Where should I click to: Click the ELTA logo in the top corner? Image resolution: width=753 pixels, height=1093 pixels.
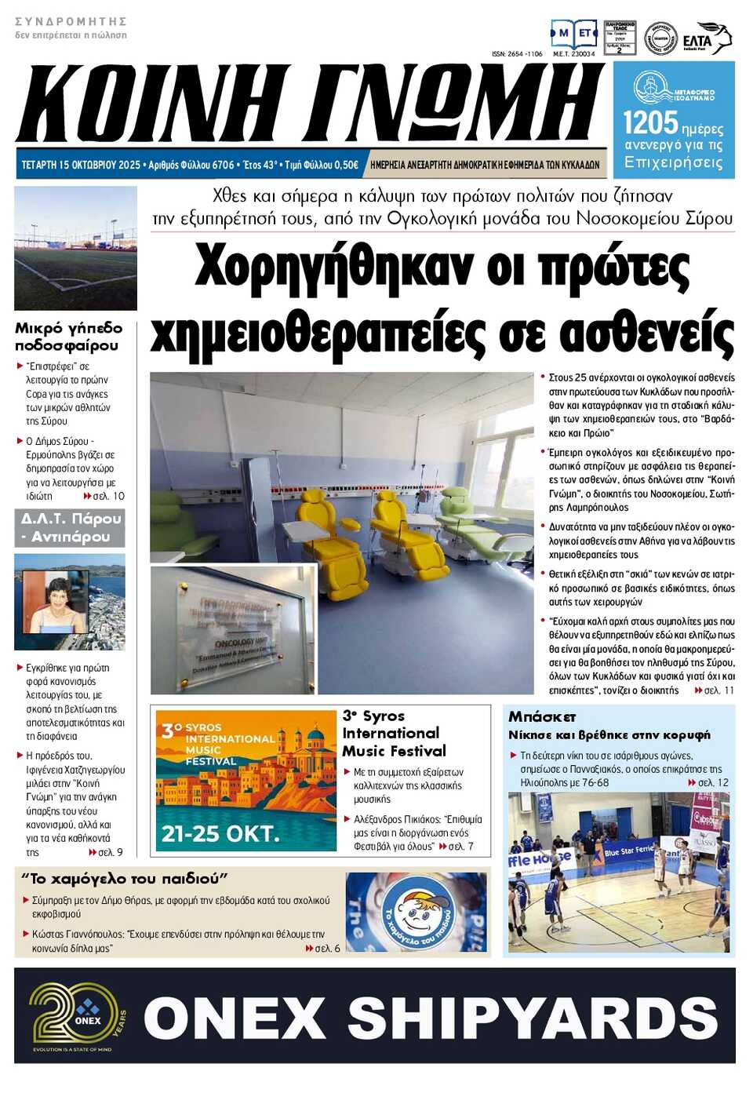[x=705, y=38]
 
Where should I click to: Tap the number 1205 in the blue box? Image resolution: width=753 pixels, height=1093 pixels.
[x=649, y=123]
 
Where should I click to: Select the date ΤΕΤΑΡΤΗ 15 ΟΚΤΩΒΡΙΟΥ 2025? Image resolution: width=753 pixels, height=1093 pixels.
[x=81, y=165]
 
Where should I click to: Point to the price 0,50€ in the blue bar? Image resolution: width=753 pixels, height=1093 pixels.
[x=344, y=165]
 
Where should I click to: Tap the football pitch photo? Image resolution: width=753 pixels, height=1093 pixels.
[x=75, y=248]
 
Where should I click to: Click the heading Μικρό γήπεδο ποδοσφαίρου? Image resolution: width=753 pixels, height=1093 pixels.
[x=68, y=337]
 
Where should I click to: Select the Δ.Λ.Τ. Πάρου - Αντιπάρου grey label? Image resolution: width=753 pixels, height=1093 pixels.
[x=71, y=527]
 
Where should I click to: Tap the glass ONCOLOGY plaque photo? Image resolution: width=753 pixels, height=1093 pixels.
[x=233, y=629]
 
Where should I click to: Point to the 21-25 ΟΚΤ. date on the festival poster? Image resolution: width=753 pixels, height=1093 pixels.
[x=220, y=833]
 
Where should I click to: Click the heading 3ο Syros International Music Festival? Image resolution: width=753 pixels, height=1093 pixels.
[x=393, y=734]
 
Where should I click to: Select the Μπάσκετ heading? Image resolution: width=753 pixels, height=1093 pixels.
[x=542, y=716]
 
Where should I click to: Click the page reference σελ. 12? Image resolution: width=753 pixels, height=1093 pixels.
[x=713, y=782]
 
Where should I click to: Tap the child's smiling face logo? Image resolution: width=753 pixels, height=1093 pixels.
[x=417, y=912]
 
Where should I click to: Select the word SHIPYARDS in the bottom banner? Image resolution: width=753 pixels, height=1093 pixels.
[x=533, y=1018]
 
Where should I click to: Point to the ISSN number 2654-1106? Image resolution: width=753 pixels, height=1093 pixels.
[x=517, y=54]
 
